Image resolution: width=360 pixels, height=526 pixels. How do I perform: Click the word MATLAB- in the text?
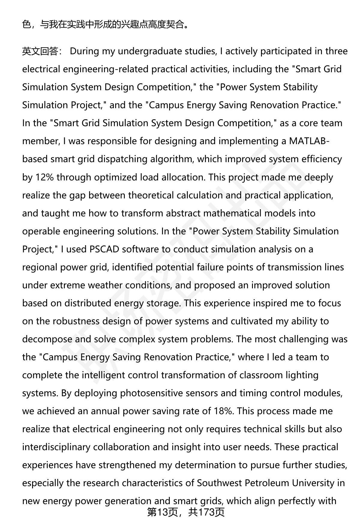pyautogui.click(x=309, y=141)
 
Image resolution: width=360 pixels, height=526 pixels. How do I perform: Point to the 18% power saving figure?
pyautogui.click(x=223, y=411)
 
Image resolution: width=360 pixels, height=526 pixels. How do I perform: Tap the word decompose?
pyautogui.click(x=47, y=339)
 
